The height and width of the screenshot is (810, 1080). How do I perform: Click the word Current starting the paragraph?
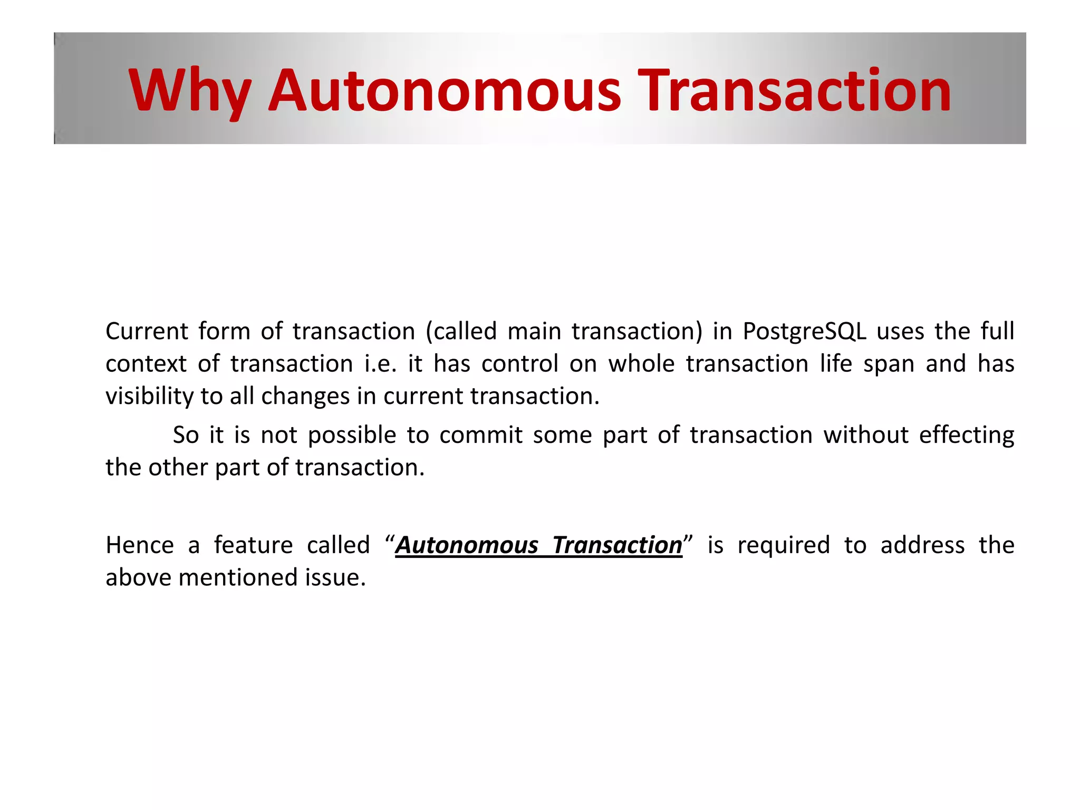147,331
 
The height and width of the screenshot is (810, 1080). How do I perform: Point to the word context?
146,364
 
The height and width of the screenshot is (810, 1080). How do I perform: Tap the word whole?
641,364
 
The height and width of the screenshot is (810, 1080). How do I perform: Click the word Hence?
140,545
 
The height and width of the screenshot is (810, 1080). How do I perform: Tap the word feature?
253,545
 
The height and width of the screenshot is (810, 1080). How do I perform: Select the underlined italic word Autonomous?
467,545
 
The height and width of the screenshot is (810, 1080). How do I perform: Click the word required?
784,545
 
